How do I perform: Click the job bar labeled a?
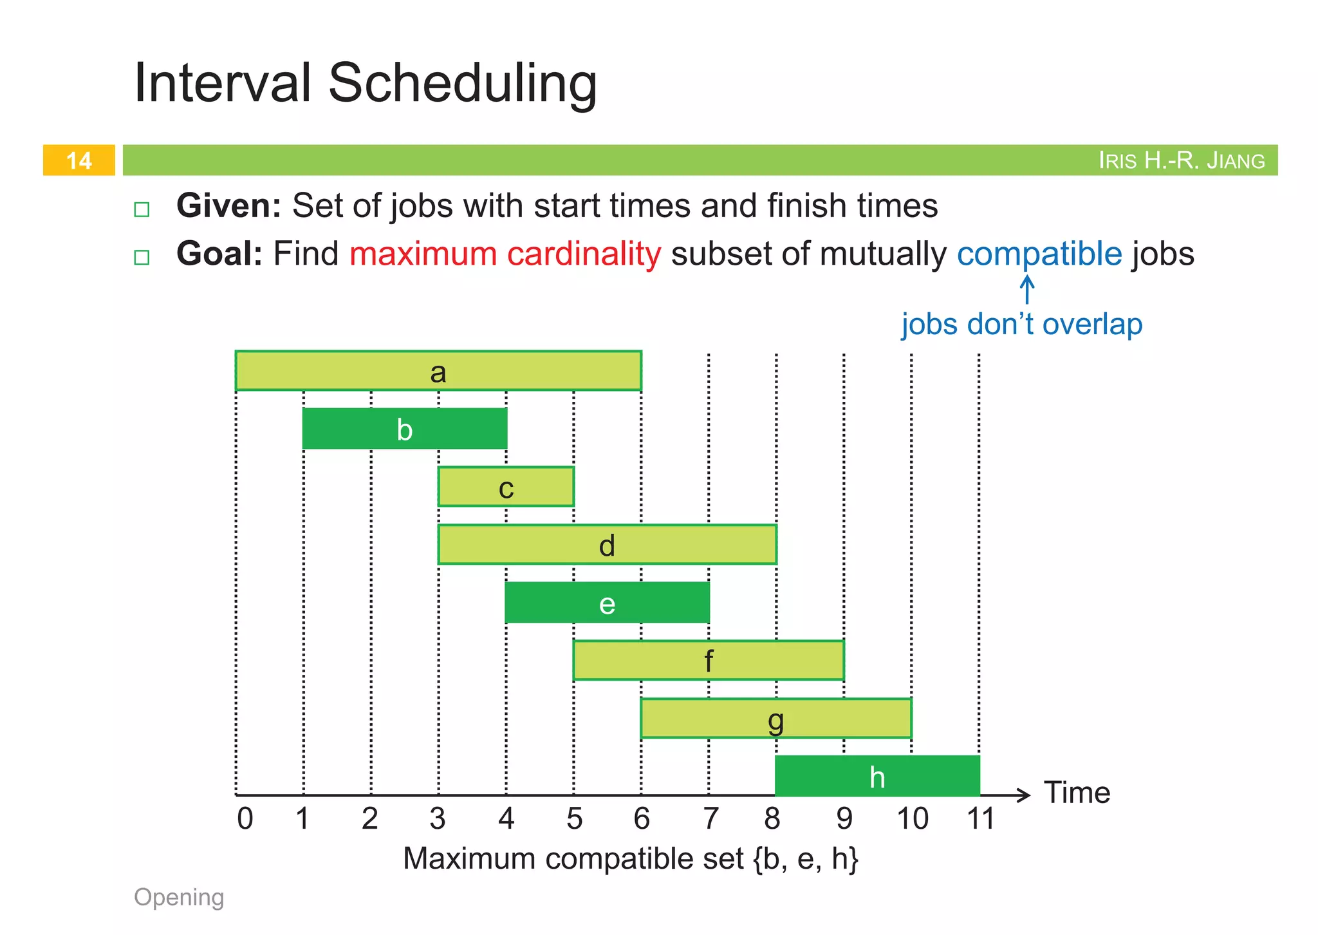point(438,371)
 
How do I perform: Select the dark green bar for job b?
point(405,429)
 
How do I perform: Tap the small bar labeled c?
point(506,487)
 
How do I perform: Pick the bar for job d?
point(607,545)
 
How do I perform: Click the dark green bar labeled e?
point(607,603)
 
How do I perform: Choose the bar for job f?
point(708,661)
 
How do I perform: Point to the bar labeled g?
point(776,719)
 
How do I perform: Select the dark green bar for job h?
point(877,777)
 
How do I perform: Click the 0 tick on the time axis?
point(245,819)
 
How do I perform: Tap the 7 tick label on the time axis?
point(710,819)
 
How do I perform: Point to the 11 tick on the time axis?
point(981,819)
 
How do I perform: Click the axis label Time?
point(1077,793)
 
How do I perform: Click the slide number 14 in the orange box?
point(79,160)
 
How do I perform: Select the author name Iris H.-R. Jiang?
point(1182,160)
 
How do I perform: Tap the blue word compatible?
point(1039,254)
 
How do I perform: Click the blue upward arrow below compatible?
point(1027,290)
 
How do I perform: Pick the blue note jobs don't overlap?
point(1021,324)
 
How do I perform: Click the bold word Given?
point(228,206)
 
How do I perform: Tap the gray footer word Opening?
point(179,897)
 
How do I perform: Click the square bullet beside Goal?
point(142,258)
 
